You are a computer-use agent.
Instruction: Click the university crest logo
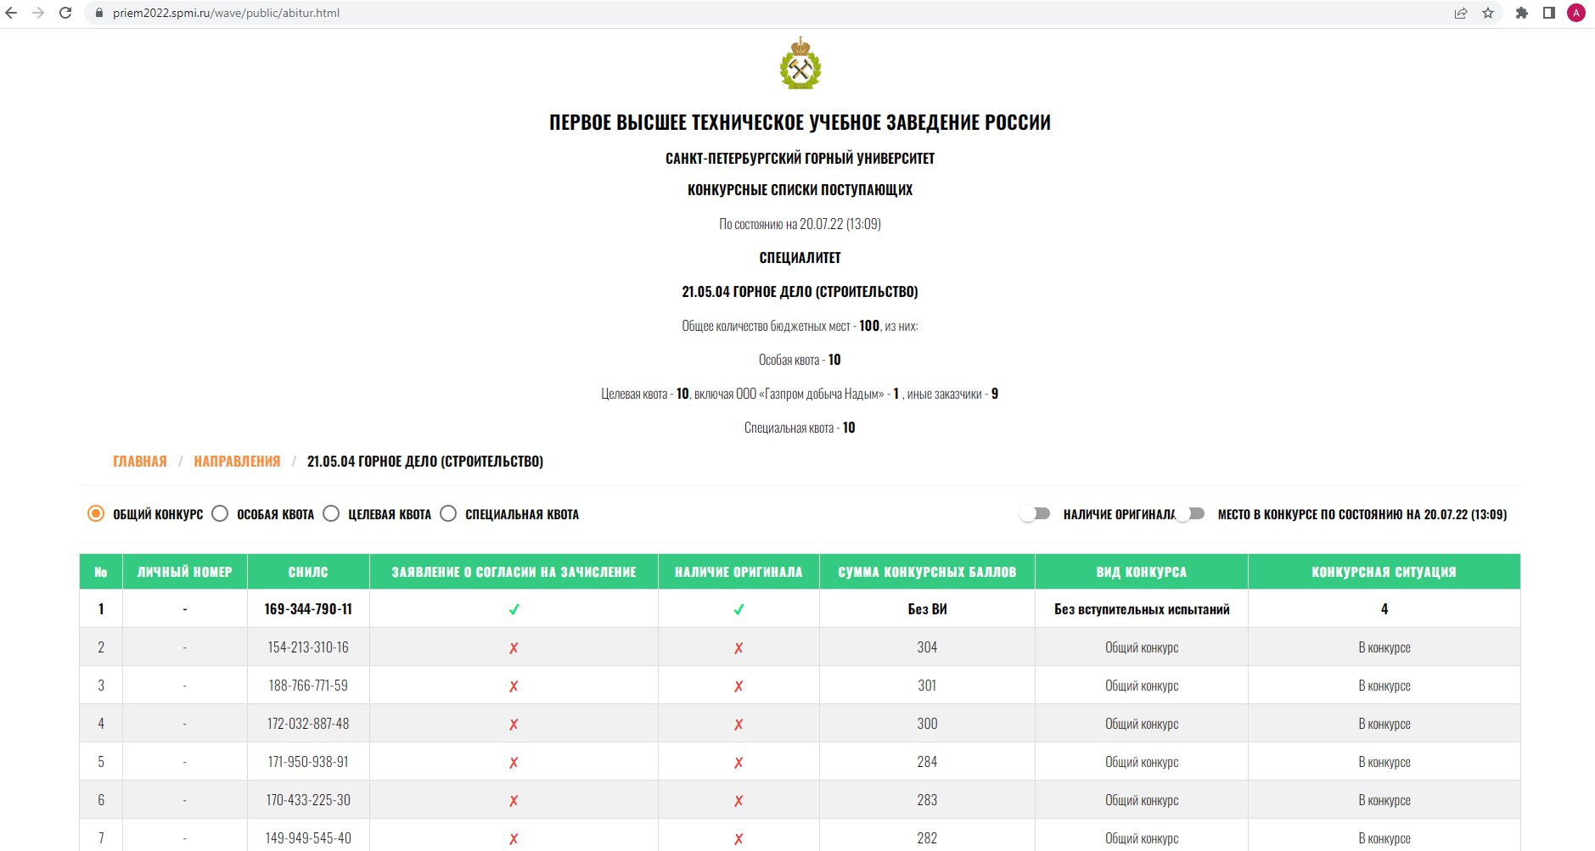800,64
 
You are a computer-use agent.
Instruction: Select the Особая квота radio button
220,513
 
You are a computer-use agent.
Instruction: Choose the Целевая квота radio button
331,513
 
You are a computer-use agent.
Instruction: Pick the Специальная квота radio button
448,513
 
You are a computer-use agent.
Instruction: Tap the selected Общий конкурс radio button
96,513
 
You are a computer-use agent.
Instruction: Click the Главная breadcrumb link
140,461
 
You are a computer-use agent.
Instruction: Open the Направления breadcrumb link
237,461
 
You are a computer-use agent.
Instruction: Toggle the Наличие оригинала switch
1036,513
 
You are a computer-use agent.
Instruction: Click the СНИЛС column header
308,572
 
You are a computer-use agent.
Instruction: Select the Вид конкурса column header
1141,572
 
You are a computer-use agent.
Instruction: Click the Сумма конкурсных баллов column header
927,572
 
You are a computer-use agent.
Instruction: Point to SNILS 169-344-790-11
308,609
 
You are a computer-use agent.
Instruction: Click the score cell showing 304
927,647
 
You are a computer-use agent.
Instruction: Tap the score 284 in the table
927,762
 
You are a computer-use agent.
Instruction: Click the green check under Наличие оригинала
739,609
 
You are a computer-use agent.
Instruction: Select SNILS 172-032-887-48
308,724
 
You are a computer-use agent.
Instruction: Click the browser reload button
65,13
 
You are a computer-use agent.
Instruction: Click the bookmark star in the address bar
1488,13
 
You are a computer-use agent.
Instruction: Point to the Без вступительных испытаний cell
1142,609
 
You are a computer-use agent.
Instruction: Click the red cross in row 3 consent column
514,686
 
